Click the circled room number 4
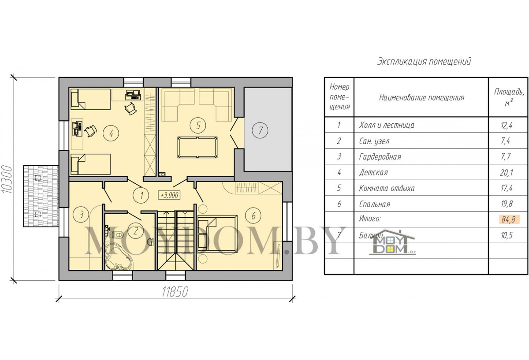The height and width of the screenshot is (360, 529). [111, 134]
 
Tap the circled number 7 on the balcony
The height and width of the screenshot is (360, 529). [260, 130]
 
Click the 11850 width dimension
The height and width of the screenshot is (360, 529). [175, 292]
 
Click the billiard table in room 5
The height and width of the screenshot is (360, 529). [197, 147]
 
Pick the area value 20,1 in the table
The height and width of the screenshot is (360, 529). [507, 173]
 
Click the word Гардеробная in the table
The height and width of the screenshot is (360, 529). [380, 157]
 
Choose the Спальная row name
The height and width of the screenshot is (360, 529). [375, 204]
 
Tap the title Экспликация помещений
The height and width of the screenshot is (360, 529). [424, 61]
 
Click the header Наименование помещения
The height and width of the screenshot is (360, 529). [422, 97]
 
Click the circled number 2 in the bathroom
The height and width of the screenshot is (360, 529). [135, 231]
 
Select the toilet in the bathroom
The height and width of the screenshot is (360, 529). [118, 235]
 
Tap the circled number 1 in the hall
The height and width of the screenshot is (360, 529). [141, 196]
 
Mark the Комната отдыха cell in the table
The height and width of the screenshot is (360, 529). [387, 188]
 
